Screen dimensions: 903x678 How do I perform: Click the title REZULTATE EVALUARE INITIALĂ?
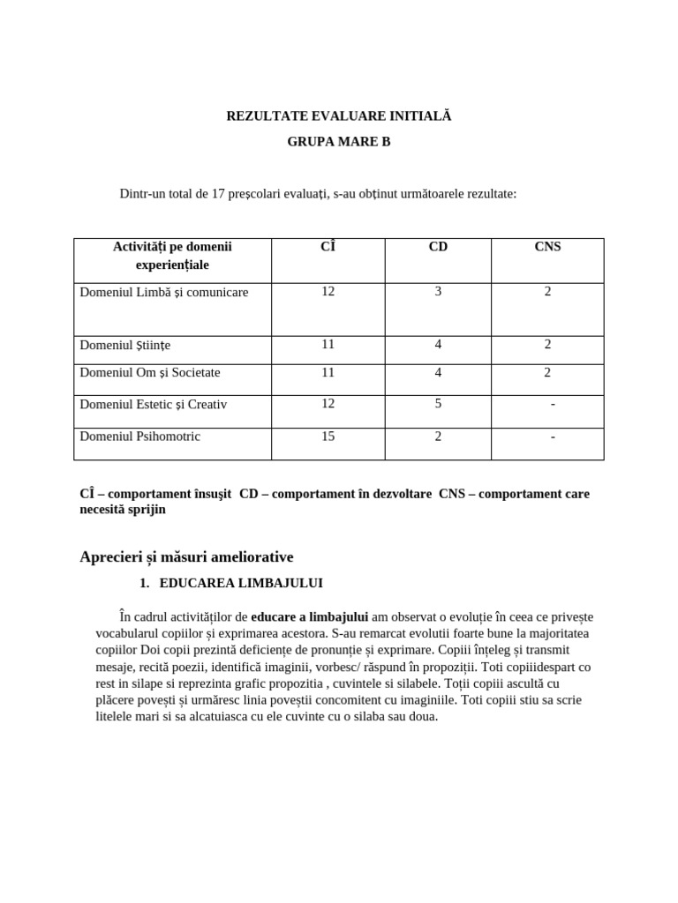(338, 116)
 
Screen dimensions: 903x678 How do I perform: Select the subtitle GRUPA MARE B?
(338, 141)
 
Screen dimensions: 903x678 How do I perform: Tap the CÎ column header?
(328, 247)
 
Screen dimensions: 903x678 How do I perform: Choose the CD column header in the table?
(438, 247)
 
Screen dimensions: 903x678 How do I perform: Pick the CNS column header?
(547, 247)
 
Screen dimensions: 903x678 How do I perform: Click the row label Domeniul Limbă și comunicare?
(164, 292)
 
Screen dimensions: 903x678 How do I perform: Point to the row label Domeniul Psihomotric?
(139, 437)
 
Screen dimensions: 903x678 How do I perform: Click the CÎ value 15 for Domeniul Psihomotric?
(328, 436)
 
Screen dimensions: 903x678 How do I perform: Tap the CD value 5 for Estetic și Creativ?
(438, 404)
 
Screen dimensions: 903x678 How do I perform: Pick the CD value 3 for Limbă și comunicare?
(438, 291)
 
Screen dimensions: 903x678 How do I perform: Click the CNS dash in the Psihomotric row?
(553, 437)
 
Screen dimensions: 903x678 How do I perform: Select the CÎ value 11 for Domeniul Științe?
(328, 344)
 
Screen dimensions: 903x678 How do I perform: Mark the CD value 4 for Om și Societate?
(438, 372)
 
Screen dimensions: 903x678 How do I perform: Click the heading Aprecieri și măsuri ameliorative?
(186, 556)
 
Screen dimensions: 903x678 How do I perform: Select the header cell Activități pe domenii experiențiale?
(172, 256)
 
